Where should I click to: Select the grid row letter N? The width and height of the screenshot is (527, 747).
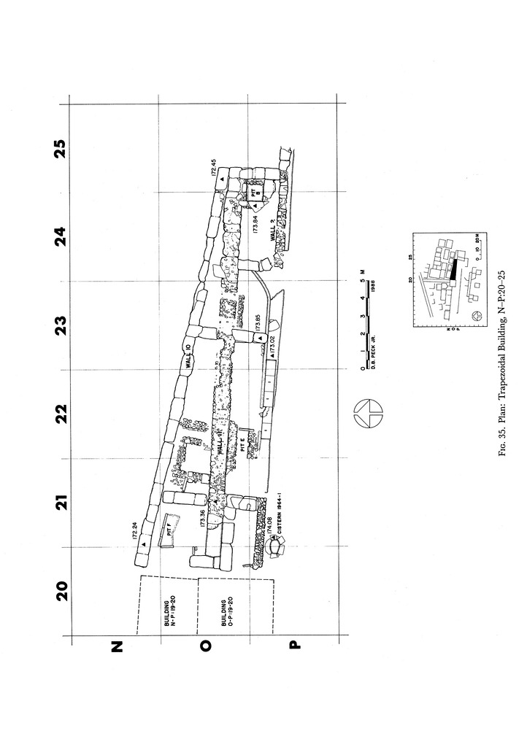click(x=117, y=646)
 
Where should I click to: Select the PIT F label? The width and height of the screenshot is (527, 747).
click(x=170, y=531)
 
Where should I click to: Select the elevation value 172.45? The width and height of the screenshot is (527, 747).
click(x=215, y=167)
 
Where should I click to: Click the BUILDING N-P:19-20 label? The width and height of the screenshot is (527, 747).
click(x=169, y=614)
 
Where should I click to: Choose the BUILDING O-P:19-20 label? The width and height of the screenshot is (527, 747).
click(x=227, y=614)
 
